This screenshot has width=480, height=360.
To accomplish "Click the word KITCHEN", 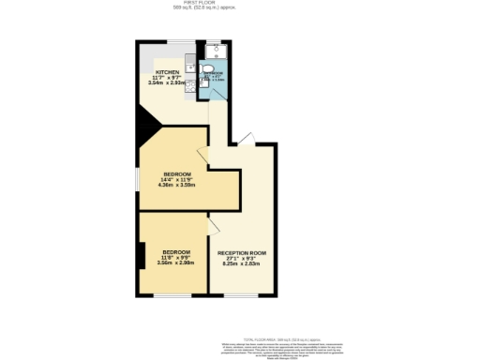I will [168, 73].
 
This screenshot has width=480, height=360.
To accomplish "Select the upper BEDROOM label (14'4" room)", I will [176, 174].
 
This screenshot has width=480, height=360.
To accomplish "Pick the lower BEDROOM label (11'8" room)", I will [176, 252].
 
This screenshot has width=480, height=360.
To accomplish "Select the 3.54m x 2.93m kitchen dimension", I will [169, 84].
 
